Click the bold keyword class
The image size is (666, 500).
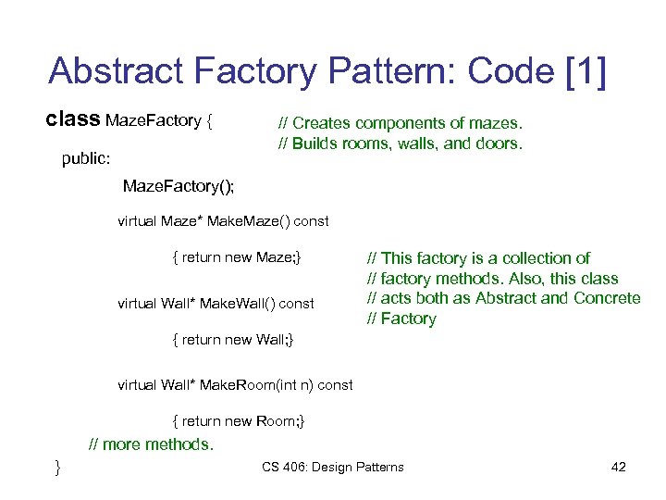(73, 119)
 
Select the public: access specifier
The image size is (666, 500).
(85, 158)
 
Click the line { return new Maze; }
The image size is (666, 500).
(237, 257)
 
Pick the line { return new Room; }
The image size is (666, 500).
(239, 421)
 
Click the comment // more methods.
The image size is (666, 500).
(150, 444)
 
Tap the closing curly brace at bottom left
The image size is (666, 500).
(57, 466)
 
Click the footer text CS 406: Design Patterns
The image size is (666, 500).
(332, 467)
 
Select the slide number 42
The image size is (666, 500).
(619, 467)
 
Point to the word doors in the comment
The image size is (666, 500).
(499, 144)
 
